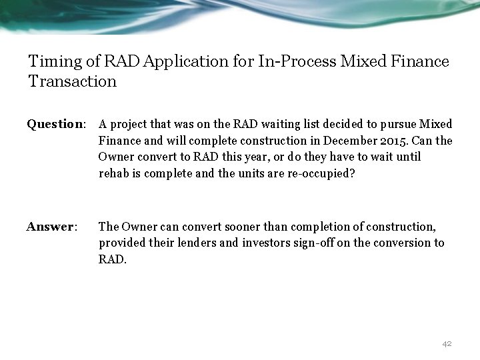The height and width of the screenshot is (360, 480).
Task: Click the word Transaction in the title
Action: (x=73, y=82)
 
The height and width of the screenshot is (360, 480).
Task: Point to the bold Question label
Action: (x=56, y=125)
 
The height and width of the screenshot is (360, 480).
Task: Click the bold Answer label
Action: (x=51, y=227)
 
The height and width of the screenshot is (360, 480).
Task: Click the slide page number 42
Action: (x=447, y=343)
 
